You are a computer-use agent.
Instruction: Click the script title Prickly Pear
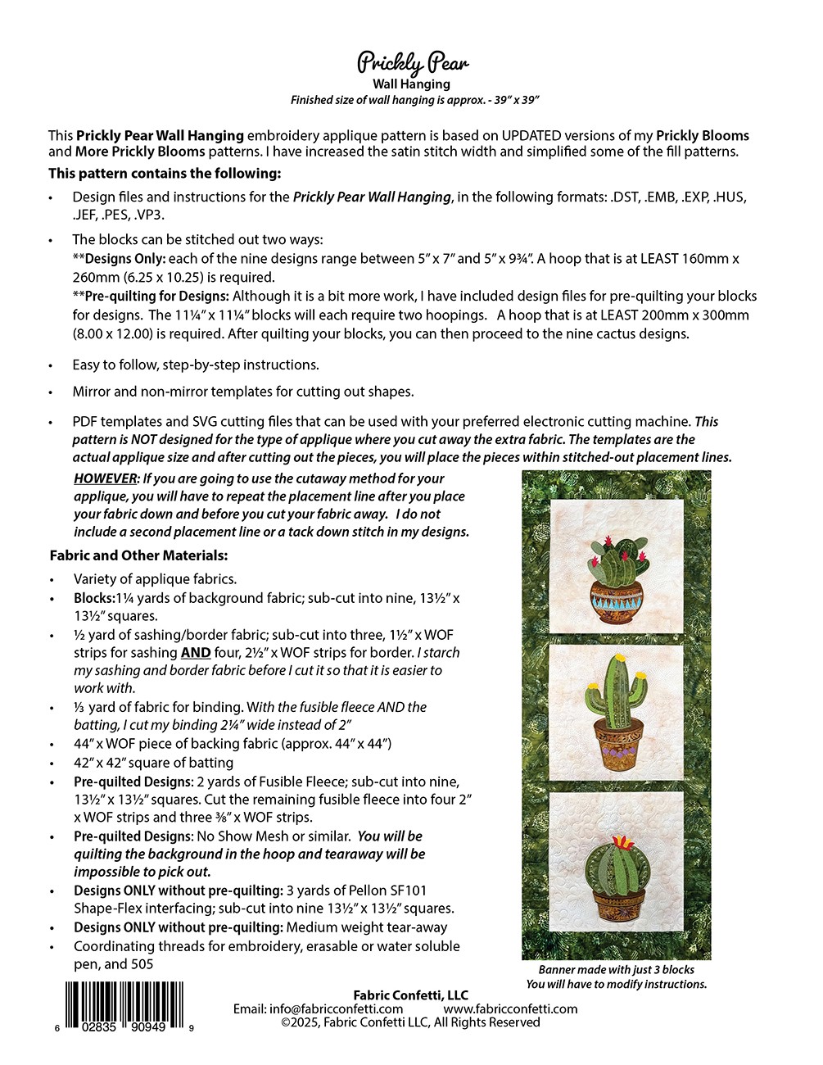(x=412, y=62)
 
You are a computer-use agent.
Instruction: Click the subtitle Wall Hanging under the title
(x=411, y=84)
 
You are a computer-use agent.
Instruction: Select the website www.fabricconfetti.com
(x=511, y=1008)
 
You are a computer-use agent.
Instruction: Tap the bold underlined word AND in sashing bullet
(x=195, y=653)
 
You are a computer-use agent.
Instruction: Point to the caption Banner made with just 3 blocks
(x=616, y=969)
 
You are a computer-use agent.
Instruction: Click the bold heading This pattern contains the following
(x=165, y=173)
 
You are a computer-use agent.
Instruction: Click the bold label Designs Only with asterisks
(x=118, y=258)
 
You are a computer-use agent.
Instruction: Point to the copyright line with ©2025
(x=411, y=1022)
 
